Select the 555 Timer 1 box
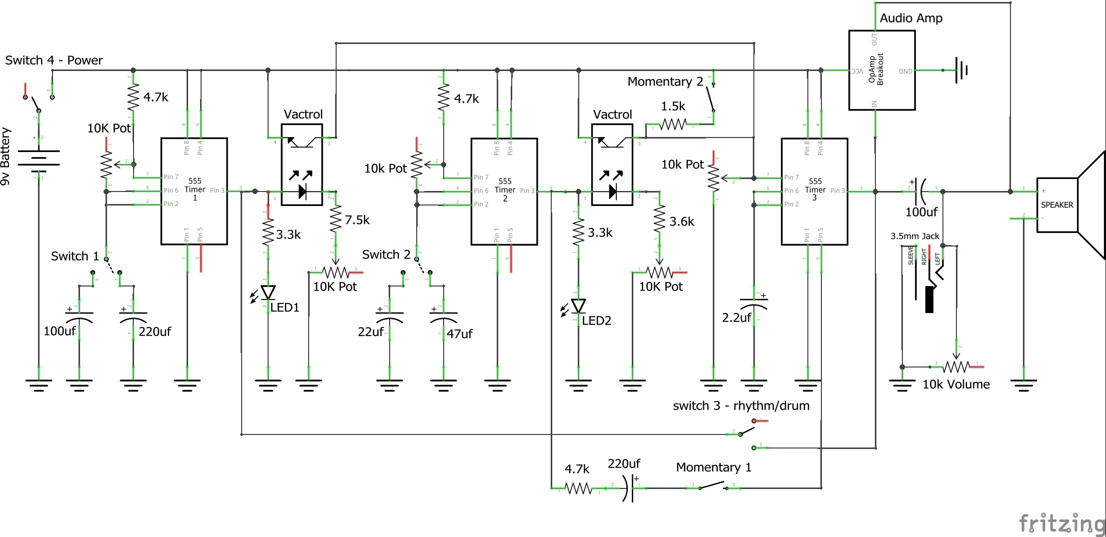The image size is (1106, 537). coord(194,191)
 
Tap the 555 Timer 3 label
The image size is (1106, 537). coord(815,189)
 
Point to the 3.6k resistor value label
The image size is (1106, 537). coord(682,221)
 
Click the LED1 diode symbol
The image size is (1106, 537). coord(268,292)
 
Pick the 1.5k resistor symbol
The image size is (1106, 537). coord(673,124)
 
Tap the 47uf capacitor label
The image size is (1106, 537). coord(459,333)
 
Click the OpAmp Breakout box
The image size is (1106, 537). coord(881,70)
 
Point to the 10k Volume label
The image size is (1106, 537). coord(956,384)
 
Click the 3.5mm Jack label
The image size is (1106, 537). coord(914,236)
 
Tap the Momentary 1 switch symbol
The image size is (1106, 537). coord(713,485)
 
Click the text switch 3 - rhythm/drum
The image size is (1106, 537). coord(741,405)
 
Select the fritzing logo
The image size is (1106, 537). coord(1061,523)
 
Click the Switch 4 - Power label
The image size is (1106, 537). coord(54,60)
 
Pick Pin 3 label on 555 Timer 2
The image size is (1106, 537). coord(527,190)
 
